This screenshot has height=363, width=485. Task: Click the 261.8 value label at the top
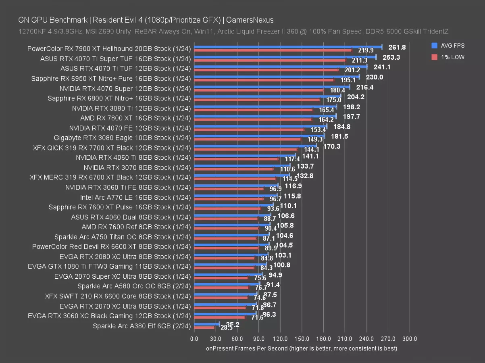click(x=397, y=47)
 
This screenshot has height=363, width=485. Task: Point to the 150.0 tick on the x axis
click(x=302, y=339)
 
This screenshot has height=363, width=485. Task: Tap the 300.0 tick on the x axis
click(x=410, y=339)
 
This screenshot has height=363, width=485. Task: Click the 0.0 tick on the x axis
click(x=194, y=339)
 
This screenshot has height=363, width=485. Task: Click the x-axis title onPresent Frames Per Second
click(x=301, y=348)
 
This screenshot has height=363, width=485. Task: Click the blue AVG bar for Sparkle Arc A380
click(x=206, y=324)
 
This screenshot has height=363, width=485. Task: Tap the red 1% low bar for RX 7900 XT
click(x=273, y=50)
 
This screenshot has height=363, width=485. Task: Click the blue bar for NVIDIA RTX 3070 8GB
click(x=242, y=165)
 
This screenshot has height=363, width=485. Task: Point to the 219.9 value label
click(x=366, y=51)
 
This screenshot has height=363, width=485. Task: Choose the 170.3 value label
click(x=332, y=146)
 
